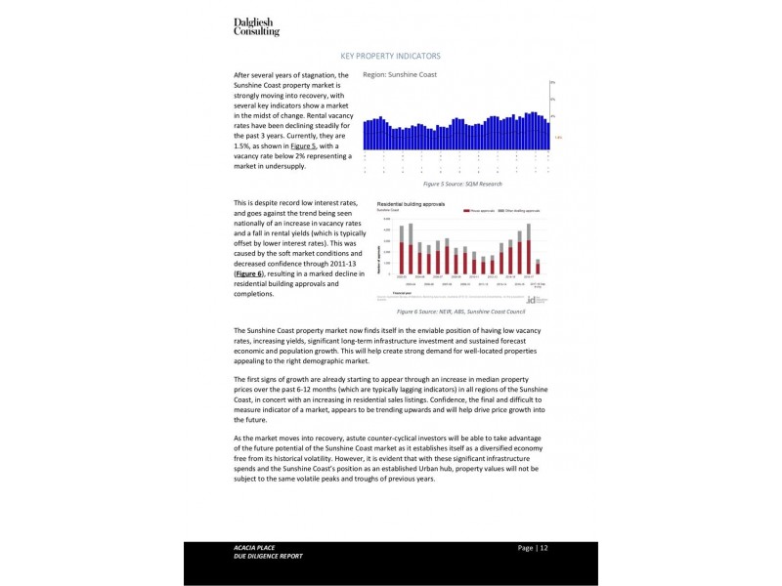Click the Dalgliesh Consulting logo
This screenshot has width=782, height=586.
[256, 26]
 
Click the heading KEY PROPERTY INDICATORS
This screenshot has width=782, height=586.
[390, 57]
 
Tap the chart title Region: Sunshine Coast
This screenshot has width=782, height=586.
[399, 75]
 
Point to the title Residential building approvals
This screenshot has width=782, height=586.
[411, 204]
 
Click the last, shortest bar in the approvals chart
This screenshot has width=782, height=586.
[538, 267]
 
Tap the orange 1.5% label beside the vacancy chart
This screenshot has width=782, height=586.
[558, 138]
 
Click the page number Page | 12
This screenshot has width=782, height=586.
[533, 548]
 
